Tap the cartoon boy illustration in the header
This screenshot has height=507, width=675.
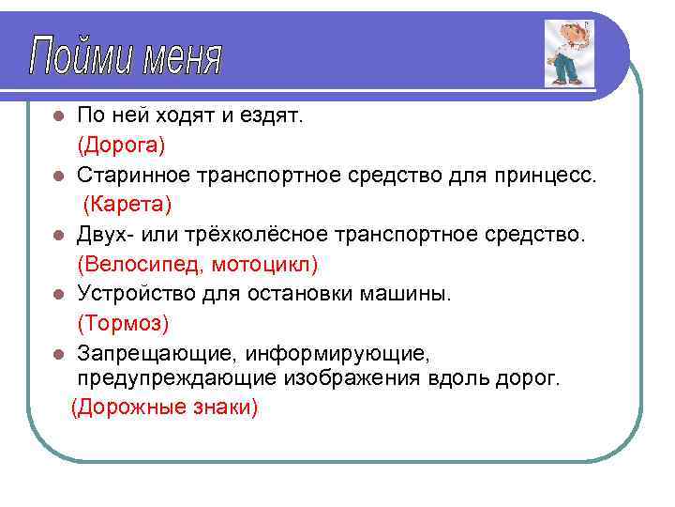click(x=566, y=54)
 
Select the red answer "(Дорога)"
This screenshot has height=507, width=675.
click(x=121, y=146)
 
